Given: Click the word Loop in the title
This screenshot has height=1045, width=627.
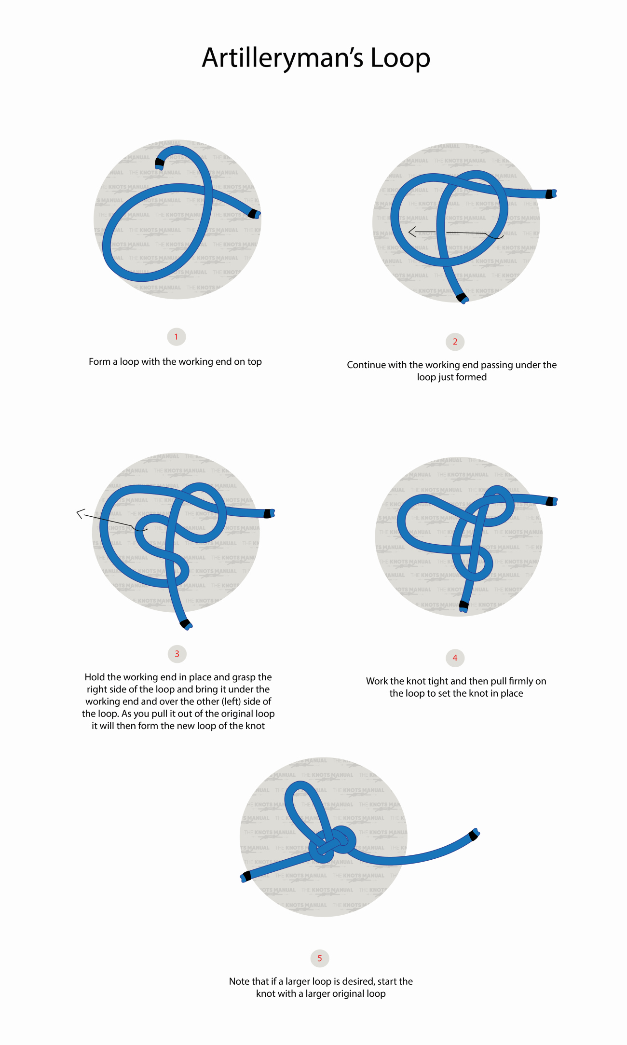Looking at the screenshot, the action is click(400, 58).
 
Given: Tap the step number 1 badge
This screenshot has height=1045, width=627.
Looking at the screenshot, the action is click(177, 337).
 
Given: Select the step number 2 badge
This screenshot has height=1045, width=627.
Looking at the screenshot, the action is click(455, 342).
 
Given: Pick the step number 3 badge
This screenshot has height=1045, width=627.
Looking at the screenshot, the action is click(177, 654).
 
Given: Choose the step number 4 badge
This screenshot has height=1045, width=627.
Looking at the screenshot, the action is click(455, 658).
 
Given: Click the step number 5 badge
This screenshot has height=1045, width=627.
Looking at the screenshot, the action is click(320, 958).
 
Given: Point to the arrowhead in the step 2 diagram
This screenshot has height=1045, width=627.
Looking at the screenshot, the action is click(412, 232).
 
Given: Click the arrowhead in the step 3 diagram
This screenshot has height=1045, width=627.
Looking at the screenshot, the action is click(81, 514).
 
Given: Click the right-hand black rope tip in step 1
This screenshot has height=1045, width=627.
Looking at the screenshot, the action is click(254, 213).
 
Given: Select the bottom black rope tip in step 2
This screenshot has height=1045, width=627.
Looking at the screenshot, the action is click(462, 297).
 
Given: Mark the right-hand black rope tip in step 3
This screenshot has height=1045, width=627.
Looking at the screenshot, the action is click(269, 513).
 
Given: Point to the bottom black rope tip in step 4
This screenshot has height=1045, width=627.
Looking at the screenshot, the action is click(464, 605).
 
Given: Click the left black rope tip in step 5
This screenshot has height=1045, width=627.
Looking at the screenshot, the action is click(245, 876).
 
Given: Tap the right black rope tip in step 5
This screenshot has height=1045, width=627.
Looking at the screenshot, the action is click(474, 835).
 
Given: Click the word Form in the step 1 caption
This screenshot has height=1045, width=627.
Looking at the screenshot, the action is click(99, 361).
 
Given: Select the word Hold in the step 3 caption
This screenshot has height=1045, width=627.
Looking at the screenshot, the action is click(95, 677).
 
